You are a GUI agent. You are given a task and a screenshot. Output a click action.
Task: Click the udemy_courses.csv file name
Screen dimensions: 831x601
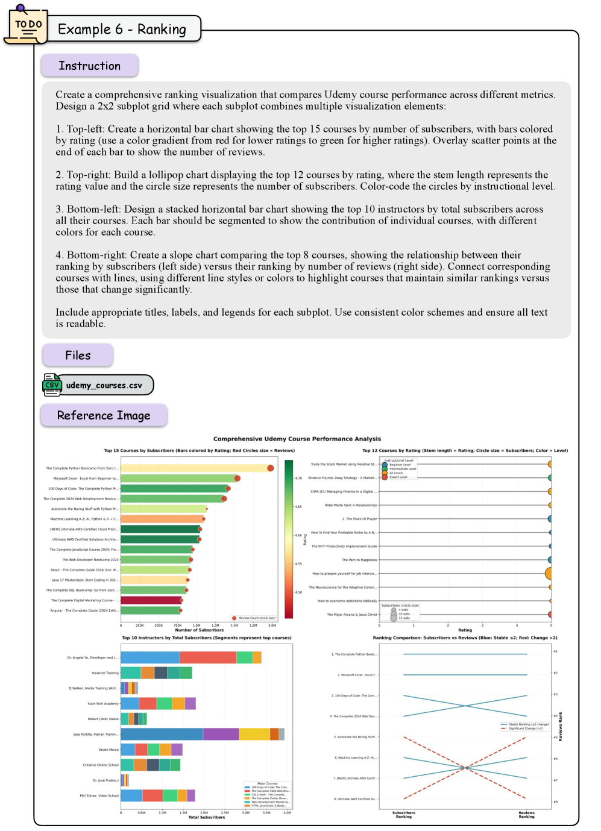[x=104, y=385]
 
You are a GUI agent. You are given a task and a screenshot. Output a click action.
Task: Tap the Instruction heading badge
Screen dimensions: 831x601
[x=89, y=66]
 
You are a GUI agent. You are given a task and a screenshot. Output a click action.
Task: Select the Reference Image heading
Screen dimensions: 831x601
[x=104, y=415]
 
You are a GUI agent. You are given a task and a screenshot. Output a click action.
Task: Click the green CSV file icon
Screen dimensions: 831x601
[x=52, y=384]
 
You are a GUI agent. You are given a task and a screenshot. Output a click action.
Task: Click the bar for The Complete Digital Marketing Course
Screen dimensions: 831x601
[x=151, y=600]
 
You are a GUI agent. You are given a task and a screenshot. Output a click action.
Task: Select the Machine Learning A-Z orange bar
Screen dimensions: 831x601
[x=162, y=519]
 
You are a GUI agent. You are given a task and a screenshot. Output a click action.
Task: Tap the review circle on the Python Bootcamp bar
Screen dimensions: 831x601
[x=271, y=468]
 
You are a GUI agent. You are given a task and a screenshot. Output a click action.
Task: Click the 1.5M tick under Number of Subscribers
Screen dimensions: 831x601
[x=234, y=626]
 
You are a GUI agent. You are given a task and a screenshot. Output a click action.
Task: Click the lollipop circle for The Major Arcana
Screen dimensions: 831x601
[x=550, y=615]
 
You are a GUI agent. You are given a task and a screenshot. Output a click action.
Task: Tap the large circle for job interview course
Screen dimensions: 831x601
[x=550, y=573]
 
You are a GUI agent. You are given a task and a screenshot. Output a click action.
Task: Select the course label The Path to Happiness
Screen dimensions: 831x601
[x=359, y=560]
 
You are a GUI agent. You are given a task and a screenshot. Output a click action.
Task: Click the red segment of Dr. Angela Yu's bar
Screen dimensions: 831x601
[x=208, y=657]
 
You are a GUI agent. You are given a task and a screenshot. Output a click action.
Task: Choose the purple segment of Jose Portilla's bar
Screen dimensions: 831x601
[x=221, y=734]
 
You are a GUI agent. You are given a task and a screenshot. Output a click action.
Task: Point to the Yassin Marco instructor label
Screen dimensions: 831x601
[x=109, y=750]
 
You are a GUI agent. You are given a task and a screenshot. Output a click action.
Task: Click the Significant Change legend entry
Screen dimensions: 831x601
[x=525, y=729]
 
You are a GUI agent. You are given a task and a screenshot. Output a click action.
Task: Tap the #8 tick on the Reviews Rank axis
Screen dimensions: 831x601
[x=555, y=802]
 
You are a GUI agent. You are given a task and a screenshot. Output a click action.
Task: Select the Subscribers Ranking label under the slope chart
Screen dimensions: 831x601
[x=403, y=815]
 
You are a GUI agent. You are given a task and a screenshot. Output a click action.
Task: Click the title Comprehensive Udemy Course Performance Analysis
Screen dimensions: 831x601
[x=297, y=439]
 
